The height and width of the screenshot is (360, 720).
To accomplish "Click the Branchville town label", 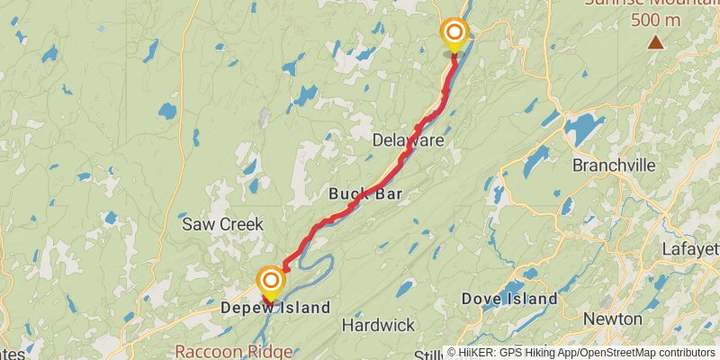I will (617, 166).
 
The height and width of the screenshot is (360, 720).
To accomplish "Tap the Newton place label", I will (612, 319).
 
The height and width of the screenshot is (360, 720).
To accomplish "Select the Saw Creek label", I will (222, 224).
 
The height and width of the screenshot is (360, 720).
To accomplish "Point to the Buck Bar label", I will (364, 193).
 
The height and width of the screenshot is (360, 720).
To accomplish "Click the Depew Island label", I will (275, 308).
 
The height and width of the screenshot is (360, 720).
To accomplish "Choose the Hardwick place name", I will (378, 325).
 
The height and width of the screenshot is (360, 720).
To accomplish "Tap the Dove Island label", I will (509, 299).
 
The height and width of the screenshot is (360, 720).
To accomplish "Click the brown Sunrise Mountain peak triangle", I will (656, 41).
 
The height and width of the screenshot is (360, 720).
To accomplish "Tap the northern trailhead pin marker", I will (454, 34).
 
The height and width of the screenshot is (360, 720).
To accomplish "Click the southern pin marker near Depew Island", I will (269, 283).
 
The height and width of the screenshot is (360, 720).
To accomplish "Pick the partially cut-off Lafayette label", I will (690, 249).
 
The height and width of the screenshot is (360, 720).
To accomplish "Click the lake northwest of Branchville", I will (584, 131).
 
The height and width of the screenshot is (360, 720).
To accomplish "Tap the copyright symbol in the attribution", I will (453, 353).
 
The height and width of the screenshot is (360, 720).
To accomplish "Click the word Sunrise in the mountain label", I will (616, 3).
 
